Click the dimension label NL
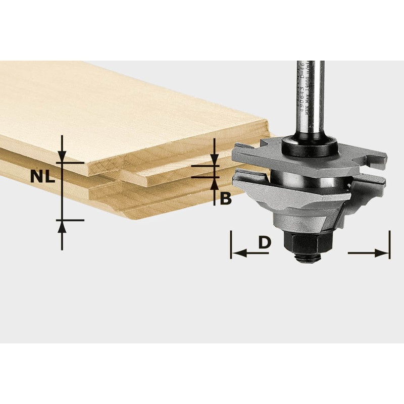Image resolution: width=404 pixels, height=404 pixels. [42, 176]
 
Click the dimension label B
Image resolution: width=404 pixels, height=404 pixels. [226, 198]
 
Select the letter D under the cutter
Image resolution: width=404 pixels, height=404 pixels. [264, 242]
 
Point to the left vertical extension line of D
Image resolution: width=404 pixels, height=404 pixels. [231, 245]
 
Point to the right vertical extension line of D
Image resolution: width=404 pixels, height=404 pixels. [389, 245]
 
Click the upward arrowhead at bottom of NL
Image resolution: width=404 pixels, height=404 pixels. [62, 226]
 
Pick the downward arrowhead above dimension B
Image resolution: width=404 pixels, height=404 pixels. [215, 160]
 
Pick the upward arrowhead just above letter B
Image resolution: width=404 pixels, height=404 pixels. [215, 183]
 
